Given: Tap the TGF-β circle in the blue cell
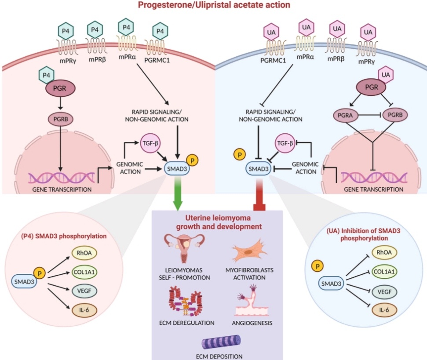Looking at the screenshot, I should pyautogui.click(x=284, y=143).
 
